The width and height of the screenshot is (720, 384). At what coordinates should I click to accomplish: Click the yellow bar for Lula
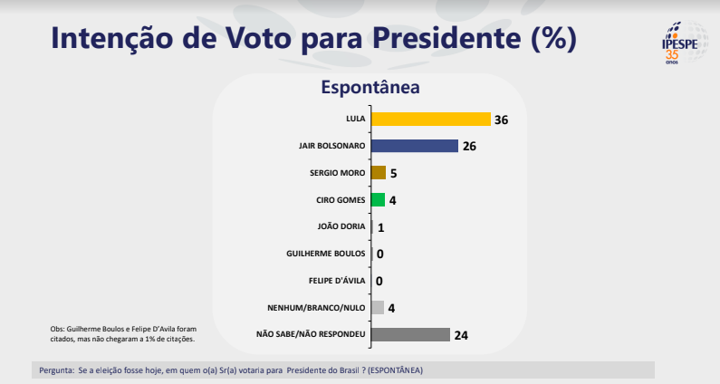tap(430, 120)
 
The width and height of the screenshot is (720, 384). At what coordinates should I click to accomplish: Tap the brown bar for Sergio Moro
tap(379, 173)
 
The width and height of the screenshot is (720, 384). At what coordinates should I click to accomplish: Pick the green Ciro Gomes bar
tap(378, 199)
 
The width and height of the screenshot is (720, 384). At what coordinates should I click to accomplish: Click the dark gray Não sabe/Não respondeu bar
tap(410, 334)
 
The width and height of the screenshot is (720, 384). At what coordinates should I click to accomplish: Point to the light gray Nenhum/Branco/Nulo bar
tap(378, 307)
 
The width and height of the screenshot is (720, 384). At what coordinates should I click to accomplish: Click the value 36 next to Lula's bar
tap(501, 120)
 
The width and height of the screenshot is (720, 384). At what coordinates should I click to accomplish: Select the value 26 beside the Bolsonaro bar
tap(469, 146)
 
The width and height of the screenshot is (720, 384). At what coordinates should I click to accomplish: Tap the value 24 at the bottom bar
tap(461, 335)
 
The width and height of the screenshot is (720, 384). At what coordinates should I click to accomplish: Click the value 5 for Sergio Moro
tap(394, 173)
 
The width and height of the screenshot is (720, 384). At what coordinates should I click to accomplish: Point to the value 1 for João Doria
tap(381, 227)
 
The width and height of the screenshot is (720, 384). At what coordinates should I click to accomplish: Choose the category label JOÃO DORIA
tap(338, 226)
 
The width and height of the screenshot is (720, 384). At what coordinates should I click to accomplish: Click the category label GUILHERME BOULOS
tap(325, 254)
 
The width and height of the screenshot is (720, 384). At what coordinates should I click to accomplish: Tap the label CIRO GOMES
tap(337, 199)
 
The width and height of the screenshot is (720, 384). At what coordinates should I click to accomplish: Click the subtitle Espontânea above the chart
tap(370, 89)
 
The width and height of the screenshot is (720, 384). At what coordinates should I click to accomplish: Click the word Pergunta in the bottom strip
tap(57, 370)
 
